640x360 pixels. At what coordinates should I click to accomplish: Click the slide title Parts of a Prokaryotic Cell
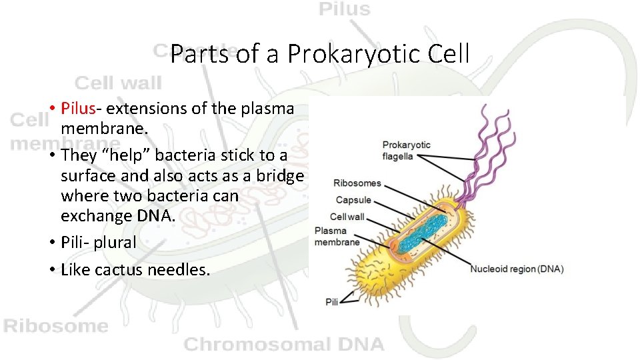tap(320, 54)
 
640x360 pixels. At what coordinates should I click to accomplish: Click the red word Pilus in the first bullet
tap(80, 108)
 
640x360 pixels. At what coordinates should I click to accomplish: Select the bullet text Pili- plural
tap(98, 242)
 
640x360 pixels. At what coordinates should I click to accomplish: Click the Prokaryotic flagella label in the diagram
tap(406, 151)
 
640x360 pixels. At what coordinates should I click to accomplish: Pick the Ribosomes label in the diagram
tap(357, 183)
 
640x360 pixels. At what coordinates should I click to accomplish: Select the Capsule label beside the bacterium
tap(353, 200)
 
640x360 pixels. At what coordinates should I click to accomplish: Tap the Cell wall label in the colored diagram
tap(347, 217)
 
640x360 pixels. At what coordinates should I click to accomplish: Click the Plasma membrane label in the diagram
tap(337, 237)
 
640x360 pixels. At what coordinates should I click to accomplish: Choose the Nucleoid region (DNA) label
tap(517, 269)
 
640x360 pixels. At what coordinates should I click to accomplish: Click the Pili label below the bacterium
tap(332, 302)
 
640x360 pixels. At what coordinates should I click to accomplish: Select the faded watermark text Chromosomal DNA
tap(284, 345)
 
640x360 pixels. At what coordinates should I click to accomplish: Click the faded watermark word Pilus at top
tap(344, 9)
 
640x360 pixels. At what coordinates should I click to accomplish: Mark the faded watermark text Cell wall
tap(118, 83)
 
